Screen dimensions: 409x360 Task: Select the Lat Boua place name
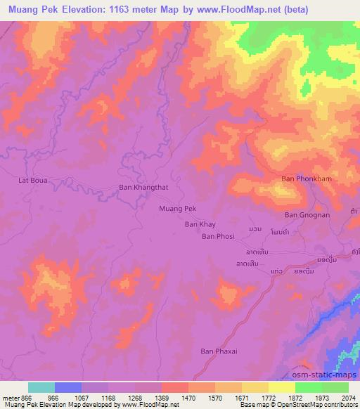(32, 180)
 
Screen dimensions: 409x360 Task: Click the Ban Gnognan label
(307, 215)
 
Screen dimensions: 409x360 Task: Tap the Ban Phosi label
(218, 237)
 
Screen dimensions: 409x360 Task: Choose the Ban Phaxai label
(218, 351)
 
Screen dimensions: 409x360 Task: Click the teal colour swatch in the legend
(41, 387)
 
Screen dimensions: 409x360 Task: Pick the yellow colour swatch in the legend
(282, 387)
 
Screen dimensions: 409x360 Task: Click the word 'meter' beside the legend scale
(11, 397)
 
